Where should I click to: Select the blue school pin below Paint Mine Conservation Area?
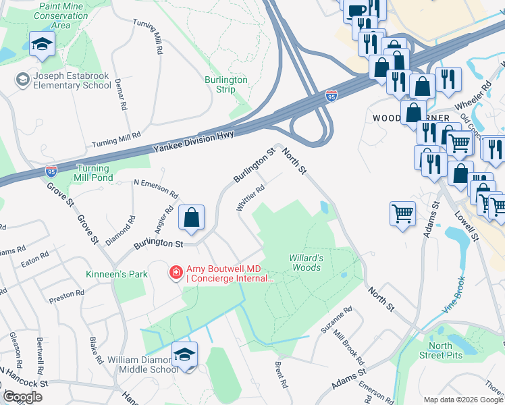point(43,45)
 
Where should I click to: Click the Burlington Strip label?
point(226,84)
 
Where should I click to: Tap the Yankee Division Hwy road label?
point(194,141)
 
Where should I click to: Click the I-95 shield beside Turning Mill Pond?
point(51,171)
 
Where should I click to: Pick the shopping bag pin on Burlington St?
point(192,218)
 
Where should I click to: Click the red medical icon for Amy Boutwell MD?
point(176,273)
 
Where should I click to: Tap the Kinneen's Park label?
point(107,275)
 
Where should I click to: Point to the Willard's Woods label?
point(306,263)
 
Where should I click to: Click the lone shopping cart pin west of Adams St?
point(402,215)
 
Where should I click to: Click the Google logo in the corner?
point(23,397)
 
